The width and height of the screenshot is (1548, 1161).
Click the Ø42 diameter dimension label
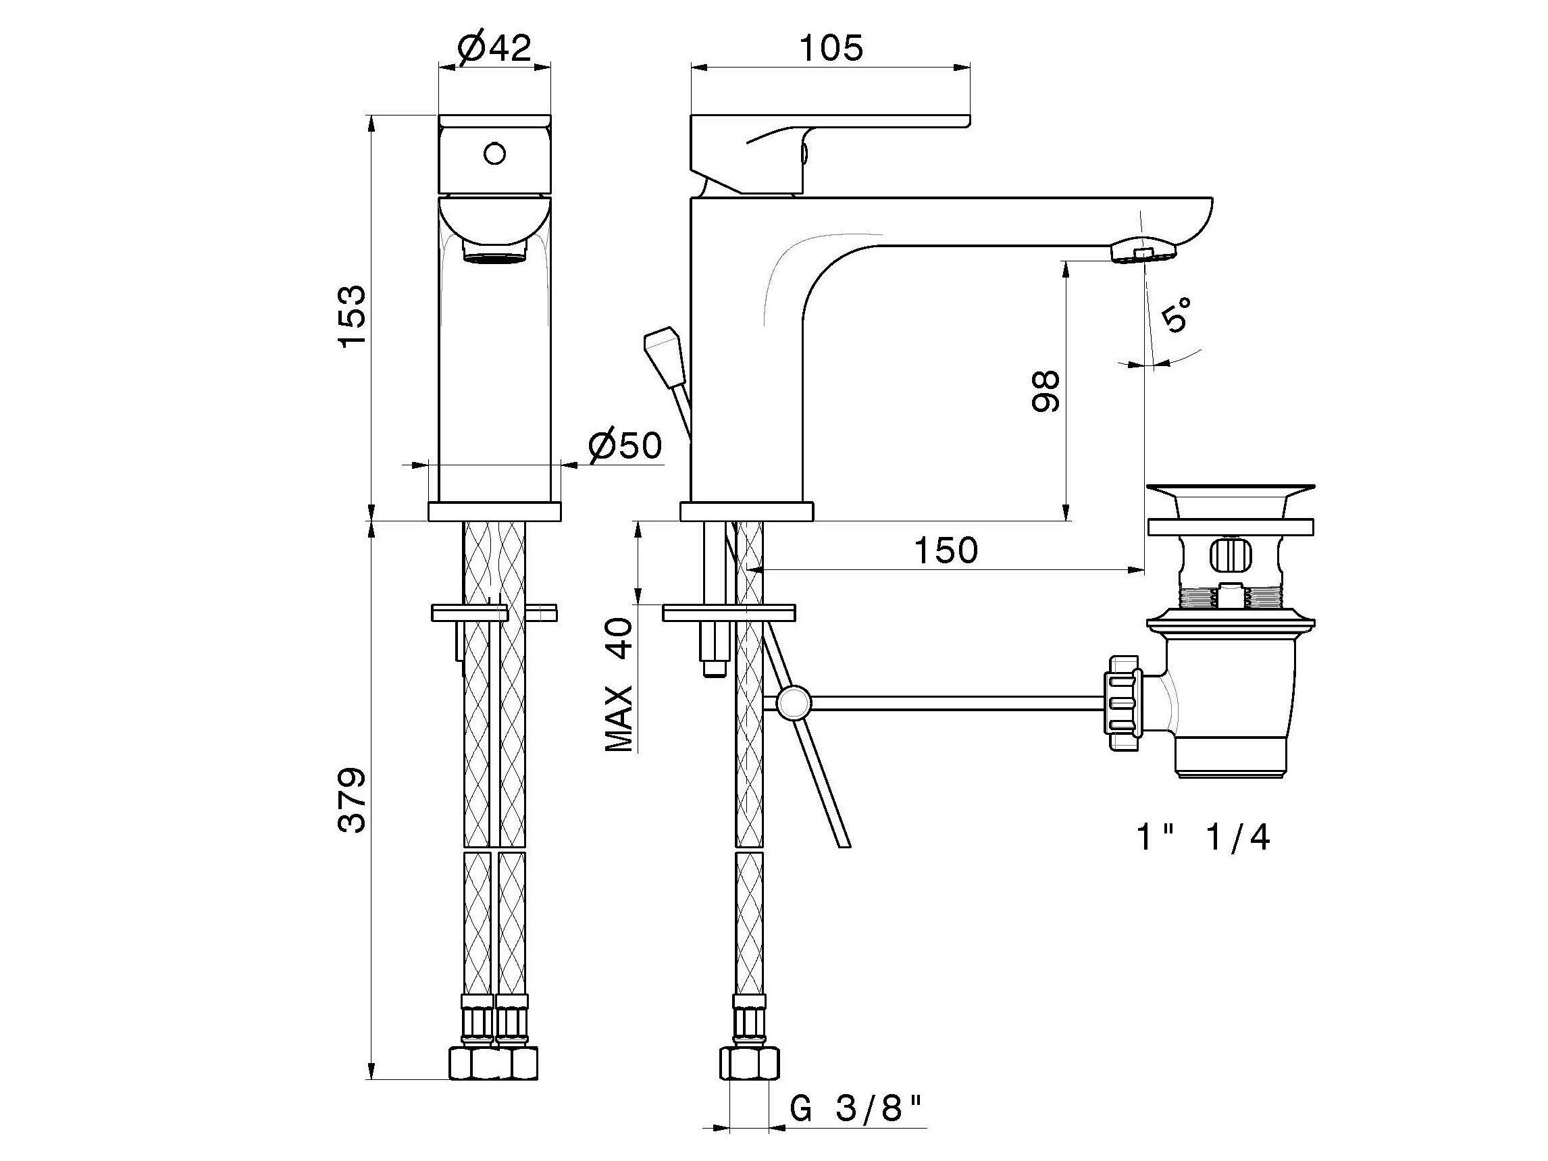pyautogui.click(x=494, y=47)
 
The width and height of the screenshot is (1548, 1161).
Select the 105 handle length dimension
pyautogui.click(x=831, y=48)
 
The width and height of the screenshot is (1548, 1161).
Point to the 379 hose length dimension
pyautogui.click(x=352, y=800)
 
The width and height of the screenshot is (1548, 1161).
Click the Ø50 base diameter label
pyautogui.click(x=624, y=446)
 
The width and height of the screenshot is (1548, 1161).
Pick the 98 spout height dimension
pyautogui.click(x=1046, y=391)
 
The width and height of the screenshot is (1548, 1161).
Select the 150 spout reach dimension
pyautogui.click(x=946, y=550)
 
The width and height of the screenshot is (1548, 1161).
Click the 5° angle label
pyautogui.click(x=1176, y=314)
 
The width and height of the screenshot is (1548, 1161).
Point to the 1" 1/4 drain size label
pyautogui.click(x=1202, y=837)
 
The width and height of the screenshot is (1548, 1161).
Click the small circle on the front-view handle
pyautogui.click(x=495, y=153)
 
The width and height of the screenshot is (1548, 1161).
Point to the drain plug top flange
pyautogui.click(x=1230, y=490)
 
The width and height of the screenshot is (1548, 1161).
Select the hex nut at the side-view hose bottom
pyautogui.click(x=749, y=1064)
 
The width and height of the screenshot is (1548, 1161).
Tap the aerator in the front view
pyautogui.click(x=494, y=251)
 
